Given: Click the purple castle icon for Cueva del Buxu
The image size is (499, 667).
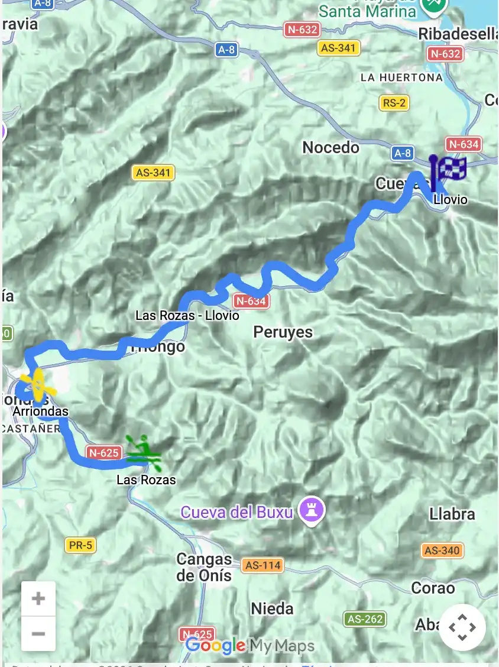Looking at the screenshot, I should coord(312,510).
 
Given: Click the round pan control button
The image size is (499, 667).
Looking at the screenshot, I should coord(462,627).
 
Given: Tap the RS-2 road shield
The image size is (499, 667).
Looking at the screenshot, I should coord(394,103).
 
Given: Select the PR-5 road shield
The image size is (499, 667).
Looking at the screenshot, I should coord(81,545).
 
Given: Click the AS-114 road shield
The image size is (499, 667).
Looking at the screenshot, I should coord(263,565).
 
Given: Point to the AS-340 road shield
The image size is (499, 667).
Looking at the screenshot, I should coord(442,551).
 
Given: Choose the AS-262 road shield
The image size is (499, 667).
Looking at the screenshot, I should coord(365,619).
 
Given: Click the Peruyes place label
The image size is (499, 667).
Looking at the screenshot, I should coord(283,332).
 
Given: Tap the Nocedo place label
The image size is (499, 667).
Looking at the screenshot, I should coord(330,147).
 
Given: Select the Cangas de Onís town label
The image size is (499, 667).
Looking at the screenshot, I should coord(205,566).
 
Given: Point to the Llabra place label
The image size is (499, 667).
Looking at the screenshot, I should coord(452,514).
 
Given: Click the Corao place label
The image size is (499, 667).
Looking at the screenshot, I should coord(433,588).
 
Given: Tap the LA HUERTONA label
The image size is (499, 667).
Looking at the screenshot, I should coord(401,77).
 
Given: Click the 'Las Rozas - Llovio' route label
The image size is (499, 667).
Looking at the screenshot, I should coord(187,316).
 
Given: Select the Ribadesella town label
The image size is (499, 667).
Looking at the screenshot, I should coord(458,34).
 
